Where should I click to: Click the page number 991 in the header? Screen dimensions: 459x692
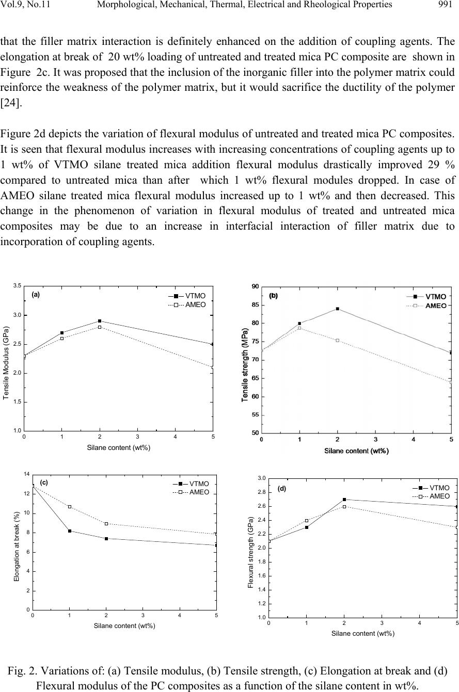click(x=445, y=4)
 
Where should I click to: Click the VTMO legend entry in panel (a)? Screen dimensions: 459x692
click(x=187, y=296)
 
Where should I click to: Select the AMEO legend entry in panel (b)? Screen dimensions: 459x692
click(x=426, y=306)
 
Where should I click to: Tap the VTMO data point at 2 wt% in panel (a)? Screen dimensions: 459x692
click(x=100, y=321)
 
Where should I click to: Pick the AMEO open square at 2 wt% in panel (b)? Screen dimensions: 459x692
click(x=338, y=341)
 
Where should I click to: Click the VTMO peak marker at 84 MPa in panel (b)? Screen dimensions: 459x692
click(x=338, y=309)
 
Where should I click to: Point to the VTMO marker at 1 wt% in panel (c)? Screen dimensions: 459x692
click(x=70, y=530)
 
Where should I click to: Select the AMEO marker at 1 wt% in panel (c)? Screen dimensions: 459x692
click(x=70, y=507)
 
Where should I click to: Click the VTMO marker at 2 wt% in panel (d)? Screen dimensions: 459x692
click(x=344, y=500)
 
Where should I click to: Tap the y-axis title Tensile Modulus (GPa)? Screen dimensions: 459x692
click(x=6, y=363)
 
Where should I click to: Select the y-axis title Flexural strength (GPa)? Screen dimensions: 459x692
click(x=251, y=552)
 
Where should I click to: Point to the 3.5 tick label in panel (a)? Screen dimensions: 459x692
click(x=18, y=286)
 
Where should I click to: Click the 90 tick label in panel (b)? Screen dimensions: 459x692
click(x=255, y=287)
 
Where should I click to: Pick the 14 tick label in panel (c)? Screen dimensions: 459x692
click(x=27, y=474)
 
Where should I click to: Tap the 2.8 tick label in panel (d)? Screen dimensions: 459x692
click(x=261, y=492)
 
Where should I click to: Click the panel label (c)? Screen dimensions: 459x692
click(x=44, y=482)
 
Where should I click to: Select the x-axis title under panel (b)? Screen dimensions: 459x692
click(x=356, y=451)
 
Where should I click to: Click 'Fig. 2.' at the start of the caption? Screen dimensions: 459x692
click(x=22, y=671)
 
